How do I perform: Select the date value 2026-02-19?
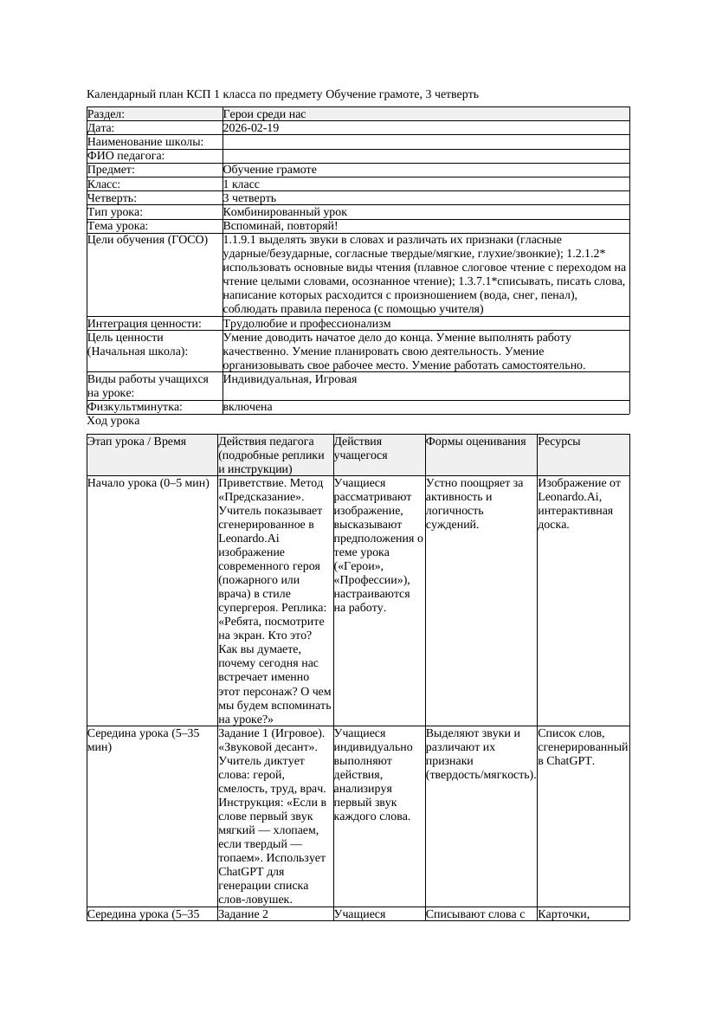click(x=251, y=128)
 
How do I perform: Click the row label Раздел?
click(x=106, y=114)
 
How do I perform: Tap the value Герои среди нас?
click(x=264, y=114)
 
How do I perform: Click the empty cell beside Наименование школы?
click(x=425, y=142)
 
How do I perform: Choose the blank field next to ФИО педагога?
click(x=425, y=156)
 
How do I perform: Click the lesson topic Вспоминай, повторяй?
click(x=274, y=226)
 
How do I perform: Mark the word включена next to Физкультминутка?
click(x=248, y=407)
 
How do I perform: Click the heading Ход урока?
click(x=113, y=421)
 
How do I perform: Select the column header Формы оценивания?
click(x=476, y=442)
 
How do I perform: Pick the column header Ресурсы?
click(x=559, y=442)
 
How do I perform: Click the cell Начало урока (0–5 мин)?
click(x=145, y=483)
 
